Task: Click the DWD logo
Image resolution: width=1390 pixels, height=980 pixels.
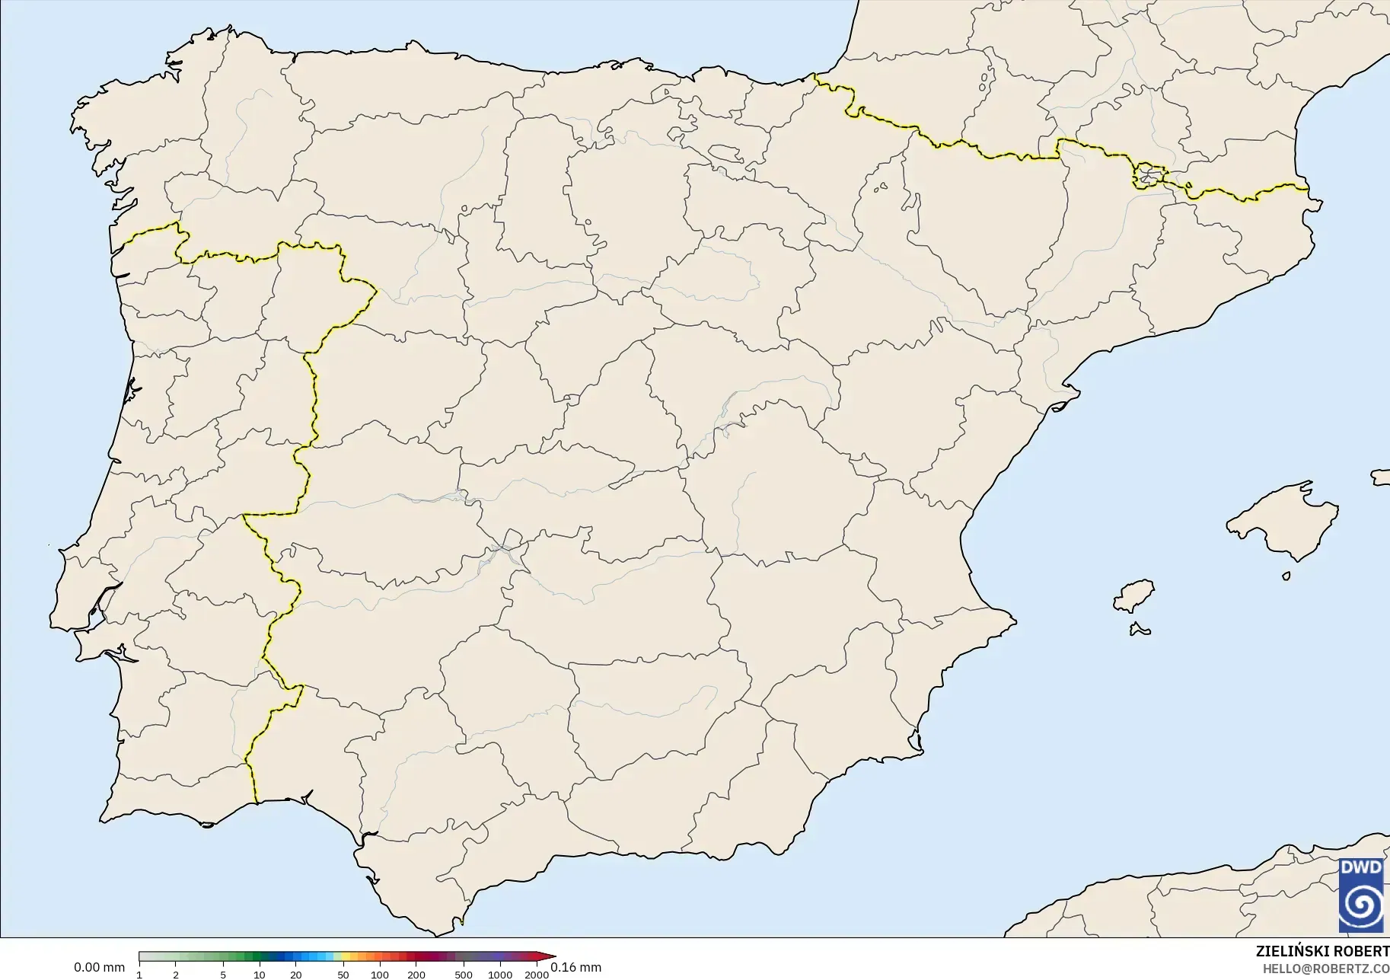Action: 1361,895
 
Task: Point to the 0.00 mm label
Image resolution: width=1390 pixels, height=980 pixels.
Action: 99,968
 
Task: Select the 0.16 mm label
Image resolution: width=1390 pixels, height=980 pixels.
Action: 575,968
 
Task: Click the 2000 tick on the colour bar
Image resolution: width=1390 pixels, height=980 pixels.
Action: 537,974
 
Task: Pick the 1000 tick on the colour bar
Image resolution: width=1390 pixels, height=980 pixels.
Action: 499,974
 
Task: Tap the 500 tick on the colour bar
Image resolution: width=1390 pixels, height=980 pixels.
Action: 463,974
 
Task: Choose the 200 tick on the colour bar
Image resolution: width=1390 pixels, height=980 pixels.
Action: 416,974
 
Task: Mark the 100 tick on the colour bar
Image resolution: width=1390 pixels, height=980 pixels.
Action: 379,974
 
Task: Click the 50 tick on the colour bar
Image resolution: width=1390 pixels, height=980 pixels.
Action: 343,974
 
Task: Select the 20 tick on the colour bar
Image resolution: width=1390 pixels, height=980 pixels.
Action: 296,974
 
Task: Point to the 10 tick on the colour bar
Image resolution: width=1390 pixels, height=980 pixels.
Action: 260,974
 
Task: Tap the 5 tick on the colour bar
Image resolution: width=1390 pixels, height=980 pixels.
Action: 223,974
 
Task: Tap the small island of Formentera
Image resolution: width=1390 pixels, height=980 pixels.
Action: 1140,629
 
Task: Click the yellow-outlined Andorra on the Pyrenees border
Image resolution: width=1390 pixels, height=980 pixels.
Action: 1147,176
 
